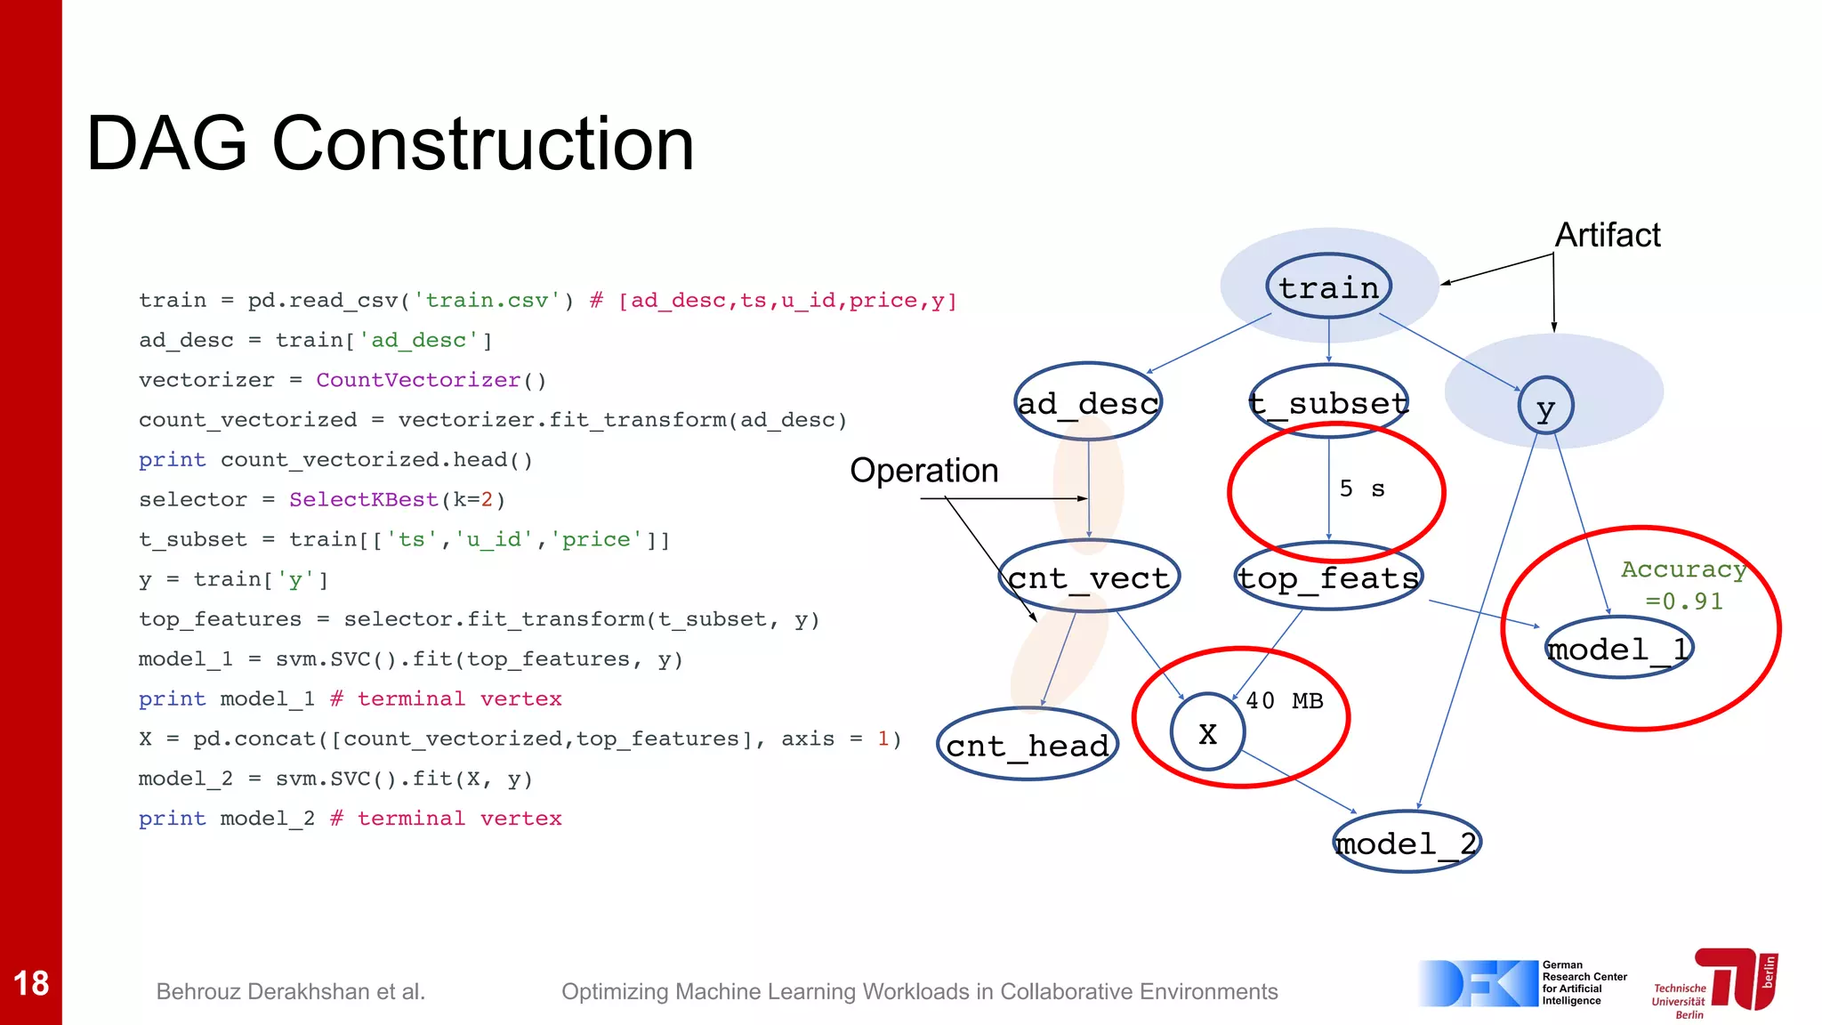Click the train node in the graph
coord(1328,287)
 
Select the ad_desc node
coord(1088,402)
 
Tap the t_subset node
coord(1328,402)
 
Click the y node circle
coord(1545,407)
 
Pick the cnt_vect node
coord(1089,577)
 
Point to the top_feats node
coord(1328,577)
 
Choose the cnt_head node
coord(1028,745)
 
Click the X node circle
coord(1207,732)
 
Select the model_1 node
coord(1618,648)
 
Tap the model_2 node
coord(1407,842)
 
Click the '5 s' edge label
coord(1362,488)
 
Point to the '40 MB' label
coord(1284,701)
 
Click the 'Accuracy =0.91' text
coord(1683,585)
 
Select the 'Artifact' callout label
coord(1607,235)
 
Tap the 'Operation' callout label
coord(923,471)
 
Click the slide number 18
coord(31,983)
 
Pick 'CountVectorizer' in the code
coord(418,380)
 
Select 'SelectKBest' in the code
coord(363,499)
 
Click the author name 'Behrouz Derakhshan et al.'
coord(291,991)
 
